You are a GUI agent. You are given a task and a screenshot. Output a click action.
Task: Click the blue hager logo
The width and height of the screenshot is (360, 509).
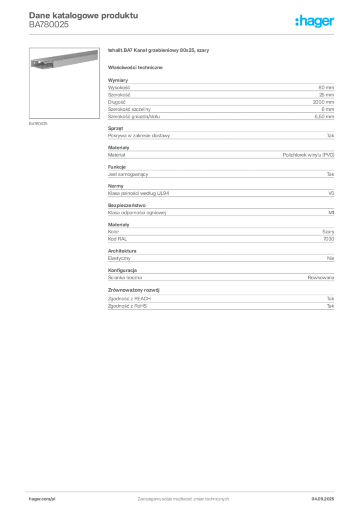coord(316,22)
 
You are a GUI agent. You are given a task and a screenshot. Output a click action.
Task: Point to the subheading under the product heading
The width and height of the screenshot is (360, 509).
coord(137,67)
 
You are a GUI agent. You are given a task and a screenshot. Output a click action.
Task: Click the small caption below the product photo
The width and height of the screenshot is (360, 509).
coord(40,123)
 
